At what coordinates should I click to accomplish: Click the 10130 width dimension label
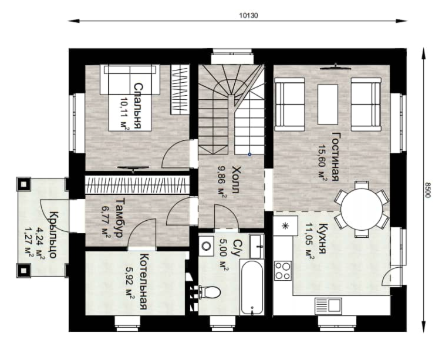(248, 15)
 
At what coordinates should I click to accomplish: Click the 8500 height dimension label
(428, 190)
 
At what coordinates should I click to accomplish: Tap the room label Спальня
(137, 106)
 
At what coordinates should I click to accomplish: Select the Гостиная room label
(335, 156)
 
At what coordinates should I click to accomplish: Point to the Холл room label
(235, 180)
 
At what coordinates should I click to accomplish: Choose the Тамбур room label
(120, 217)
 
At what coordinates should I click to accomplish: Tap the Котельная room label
(143, 281)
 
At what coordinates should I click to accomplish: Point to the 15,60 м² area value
(322, 163)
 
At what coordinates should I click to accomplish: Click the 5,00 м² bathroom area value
(224, 255)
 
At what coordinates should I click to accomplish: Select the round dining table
(362, 209)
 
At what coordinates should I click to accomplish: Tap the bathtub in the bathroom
(252, 287)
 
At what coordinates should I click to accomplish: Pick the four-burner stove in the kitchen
(283, 271)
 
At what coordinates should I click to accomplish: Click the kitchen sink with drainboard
(328, 306)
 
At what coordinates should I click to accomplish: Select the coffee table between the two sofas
(328, 105)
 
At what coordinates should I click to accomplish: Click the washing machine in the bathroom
(207, 246)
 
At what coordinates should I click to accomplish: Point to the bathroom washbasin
(257, 246)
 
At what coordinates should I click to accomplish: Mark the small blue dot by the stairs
(249, 154)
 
